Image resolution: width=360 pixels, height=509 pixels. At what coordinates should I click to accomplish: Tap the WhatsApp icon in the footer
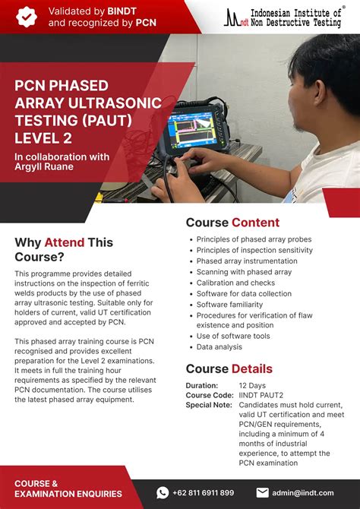pos(163,492)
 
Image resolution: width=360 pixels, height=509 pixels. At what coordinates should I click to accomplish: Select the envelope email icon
pos(263,492)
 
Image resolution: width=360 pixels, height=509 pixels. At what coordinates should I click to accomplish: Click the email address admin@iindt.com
pos(304,492)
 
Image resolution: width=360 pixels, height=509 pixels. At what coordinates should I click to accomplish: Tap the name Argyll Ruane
pos(44,167)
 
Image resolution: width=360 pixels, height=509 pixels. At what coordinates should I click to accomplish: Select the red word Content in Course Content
pos(255,223)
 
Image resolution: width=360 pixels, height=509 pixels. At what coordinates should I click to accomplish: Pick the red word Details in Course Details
pos(251,369)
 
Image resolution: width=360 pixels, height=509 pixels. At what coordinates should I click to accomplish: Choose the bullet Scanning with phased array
pos(244,272)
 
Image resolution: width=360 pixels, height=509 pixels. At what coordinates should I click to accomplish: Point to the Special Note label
pos(209,405)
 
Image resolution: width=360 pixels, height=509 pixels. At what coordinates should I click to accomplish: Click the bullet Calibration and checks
pos(235,283)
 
